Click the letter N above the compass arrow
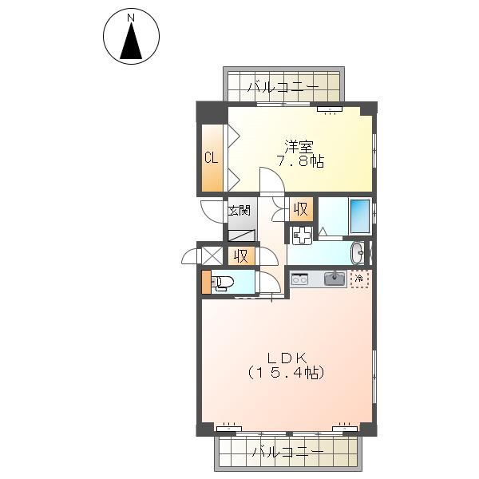131,18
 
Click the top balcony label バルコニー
283,87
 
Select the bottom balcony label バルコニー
287,452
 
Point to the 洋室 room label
299,147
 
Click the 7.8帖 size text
300,161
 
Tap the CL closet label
212,158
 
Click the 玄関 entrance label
239,211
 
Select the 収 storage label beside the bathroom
301,209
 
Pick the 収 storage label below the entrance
241,256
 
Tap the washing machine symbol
302,236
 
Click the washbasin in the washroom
358,253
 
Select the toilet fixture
222,282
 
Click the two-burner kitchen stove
299,279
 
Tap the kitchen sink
335,279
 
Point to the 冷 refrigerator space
359,279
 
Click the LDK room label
287,358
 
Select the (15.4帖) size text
286,373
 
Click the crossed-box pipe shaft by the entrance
213,255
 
